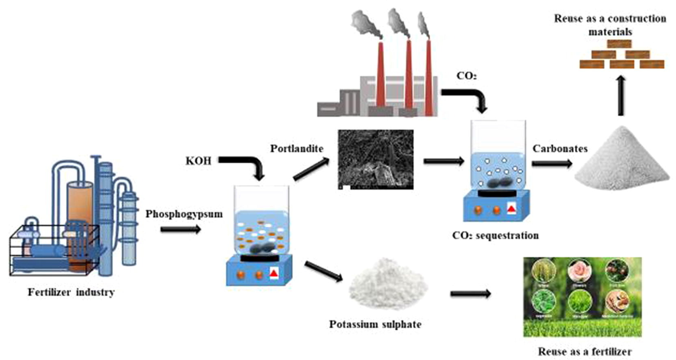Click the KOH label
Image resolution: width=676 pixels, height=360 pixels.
coord(198,161)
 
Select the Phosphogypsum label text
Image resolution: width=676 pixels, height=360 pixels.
coord(184,214)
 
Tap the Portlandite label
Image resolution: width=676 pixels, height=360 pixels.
coord(297,149)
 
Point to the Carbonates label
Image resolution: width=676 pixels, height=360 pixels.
coord(560,149)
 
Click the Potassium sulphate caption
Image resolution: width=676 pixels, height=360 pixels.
coord(375,324)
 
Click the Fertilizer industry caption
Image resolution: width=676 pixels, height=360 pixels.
coord(71,292)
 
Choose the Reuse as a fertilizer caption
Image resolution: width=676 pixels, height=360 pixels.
coord(585,351)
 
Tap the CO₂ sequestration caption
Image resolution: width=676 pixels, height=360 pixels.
coord(495,235)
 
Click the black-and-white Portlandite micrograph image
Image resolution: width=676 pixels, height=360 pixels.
coord(376,159)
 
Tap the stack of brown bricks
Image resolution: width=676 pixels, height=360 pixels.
coord(622,55)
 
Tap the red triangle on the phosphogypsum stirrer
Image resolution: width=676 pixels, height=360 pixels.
coord(274,274)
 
